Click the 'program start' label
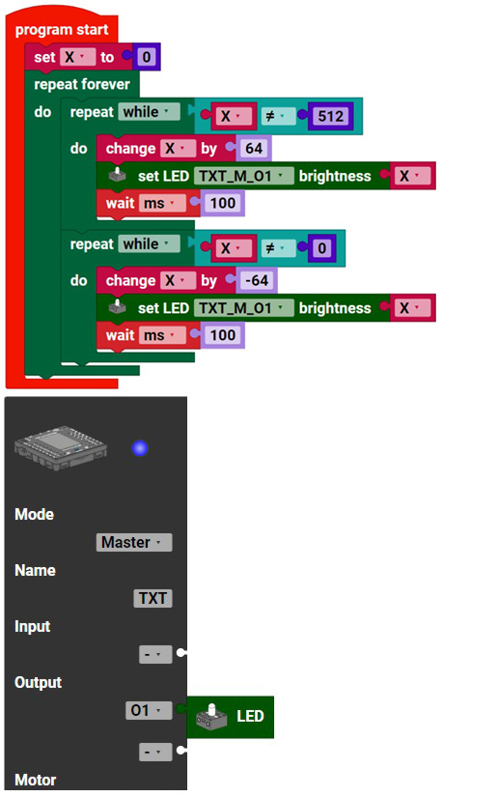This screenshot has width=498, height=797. pos(62,30)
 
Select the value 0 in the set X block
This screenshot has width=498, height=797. pos(146,56)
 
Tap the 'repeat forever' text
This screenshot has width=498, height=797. pos(82,84)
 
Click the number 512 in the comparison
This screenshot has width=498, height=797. pos(330,116)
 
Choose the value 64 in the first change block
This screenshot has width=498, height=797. pos(254,149)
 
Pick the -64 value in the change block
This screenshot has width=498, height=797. pos(257,280)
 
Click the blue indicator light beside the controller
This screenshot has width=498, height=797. pos(140,448)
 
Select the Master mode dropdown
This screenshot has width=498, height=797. pos(134,542)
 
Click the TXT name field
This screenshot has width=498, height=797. pos(152,598)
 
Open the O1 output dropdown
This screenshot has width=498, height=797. pos(149,710)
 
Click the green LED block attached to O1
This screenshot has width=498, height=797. pos(231,717)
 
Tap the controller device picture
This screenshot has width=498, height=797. pos(61,448)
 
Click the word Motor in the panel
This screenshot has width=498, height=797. pos(35,780)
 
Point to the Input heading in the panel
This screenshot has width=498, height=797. pos(32,626)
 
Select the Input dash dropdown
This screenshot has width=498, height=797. pos(155,654)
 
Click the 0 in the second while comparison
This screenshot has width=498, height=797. pos(321,248)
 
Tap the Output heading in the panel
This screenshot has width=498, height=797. pos(38,682)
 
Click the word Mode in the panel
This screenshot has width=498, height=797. pos(34,514)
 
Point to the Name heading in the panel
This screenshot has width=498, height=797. pos(35,570)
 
